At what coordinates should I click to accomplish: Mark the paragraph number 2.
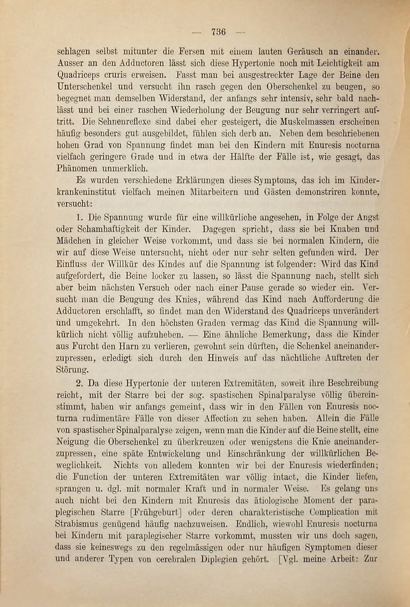[79, 383]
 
